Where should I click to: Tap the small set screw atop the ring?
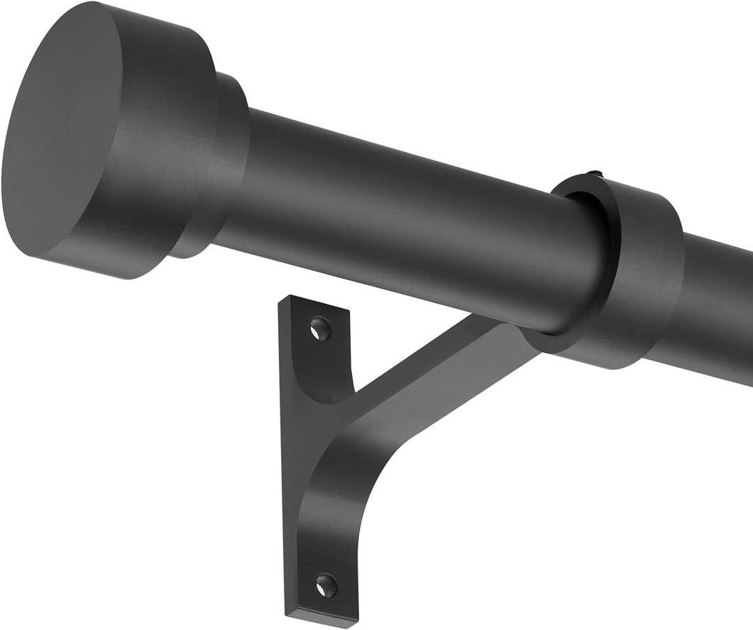point(593,174)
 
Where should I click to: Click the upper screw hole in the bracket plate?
point(320,328)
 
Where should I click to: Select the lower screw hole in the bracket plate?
point(325,585)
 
